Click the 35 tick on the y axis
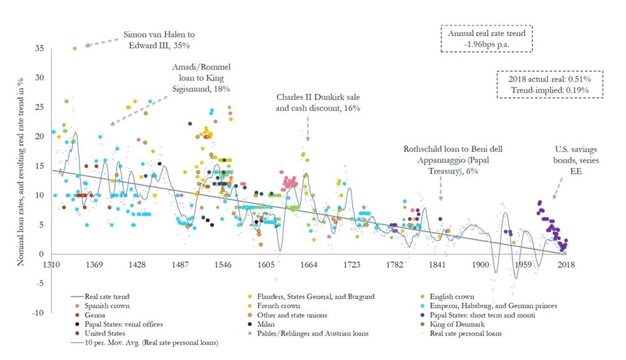coord(40,48)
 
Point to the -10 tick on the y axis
coord(38,313)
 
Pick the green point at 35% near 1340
coord(75,48)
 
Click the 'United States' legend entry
coord(110,333)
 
